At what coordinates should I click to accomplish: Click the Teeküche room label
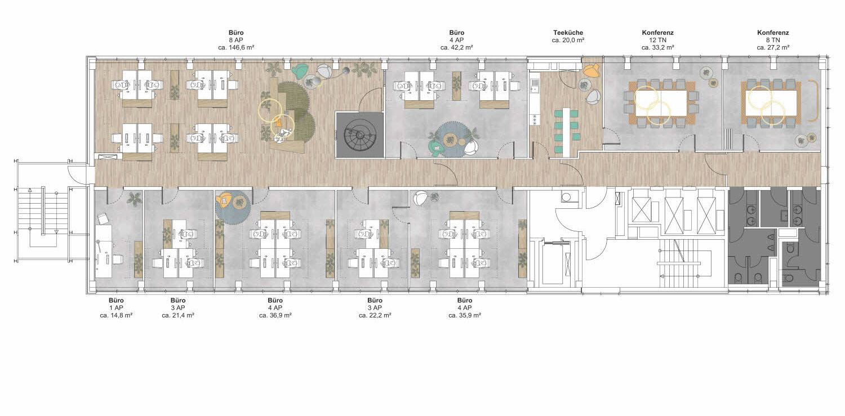tap(568, 33)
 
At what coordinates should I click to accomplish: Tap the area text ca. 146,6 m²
tap(236, 48)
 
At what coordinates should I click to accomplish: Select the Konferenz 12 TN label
tap(657, 40)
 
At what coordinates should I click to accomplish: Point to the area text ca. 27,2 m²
tap(773, 48)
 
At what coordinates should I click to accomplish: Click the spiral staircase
tap(359, 135)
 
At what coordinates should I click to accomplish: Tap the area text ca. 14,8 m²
tap(116, 316)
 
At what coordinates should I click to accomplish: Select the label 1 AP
tap(116, 308)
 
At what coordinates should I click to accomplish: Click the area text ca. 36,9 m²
tap(275, 316)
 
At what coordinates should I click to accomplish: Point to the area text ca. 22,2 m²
tap(375, 316)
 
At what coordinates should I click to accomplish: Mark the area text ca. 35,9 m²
tap(465, 316)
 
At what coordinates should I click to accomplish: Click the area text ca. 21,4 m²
tap(178, 316)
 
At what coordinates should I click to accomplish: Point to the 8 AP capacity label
tap(236, 41)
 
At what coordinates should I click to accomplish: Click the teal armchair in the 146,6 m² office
tap(300, 70)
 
